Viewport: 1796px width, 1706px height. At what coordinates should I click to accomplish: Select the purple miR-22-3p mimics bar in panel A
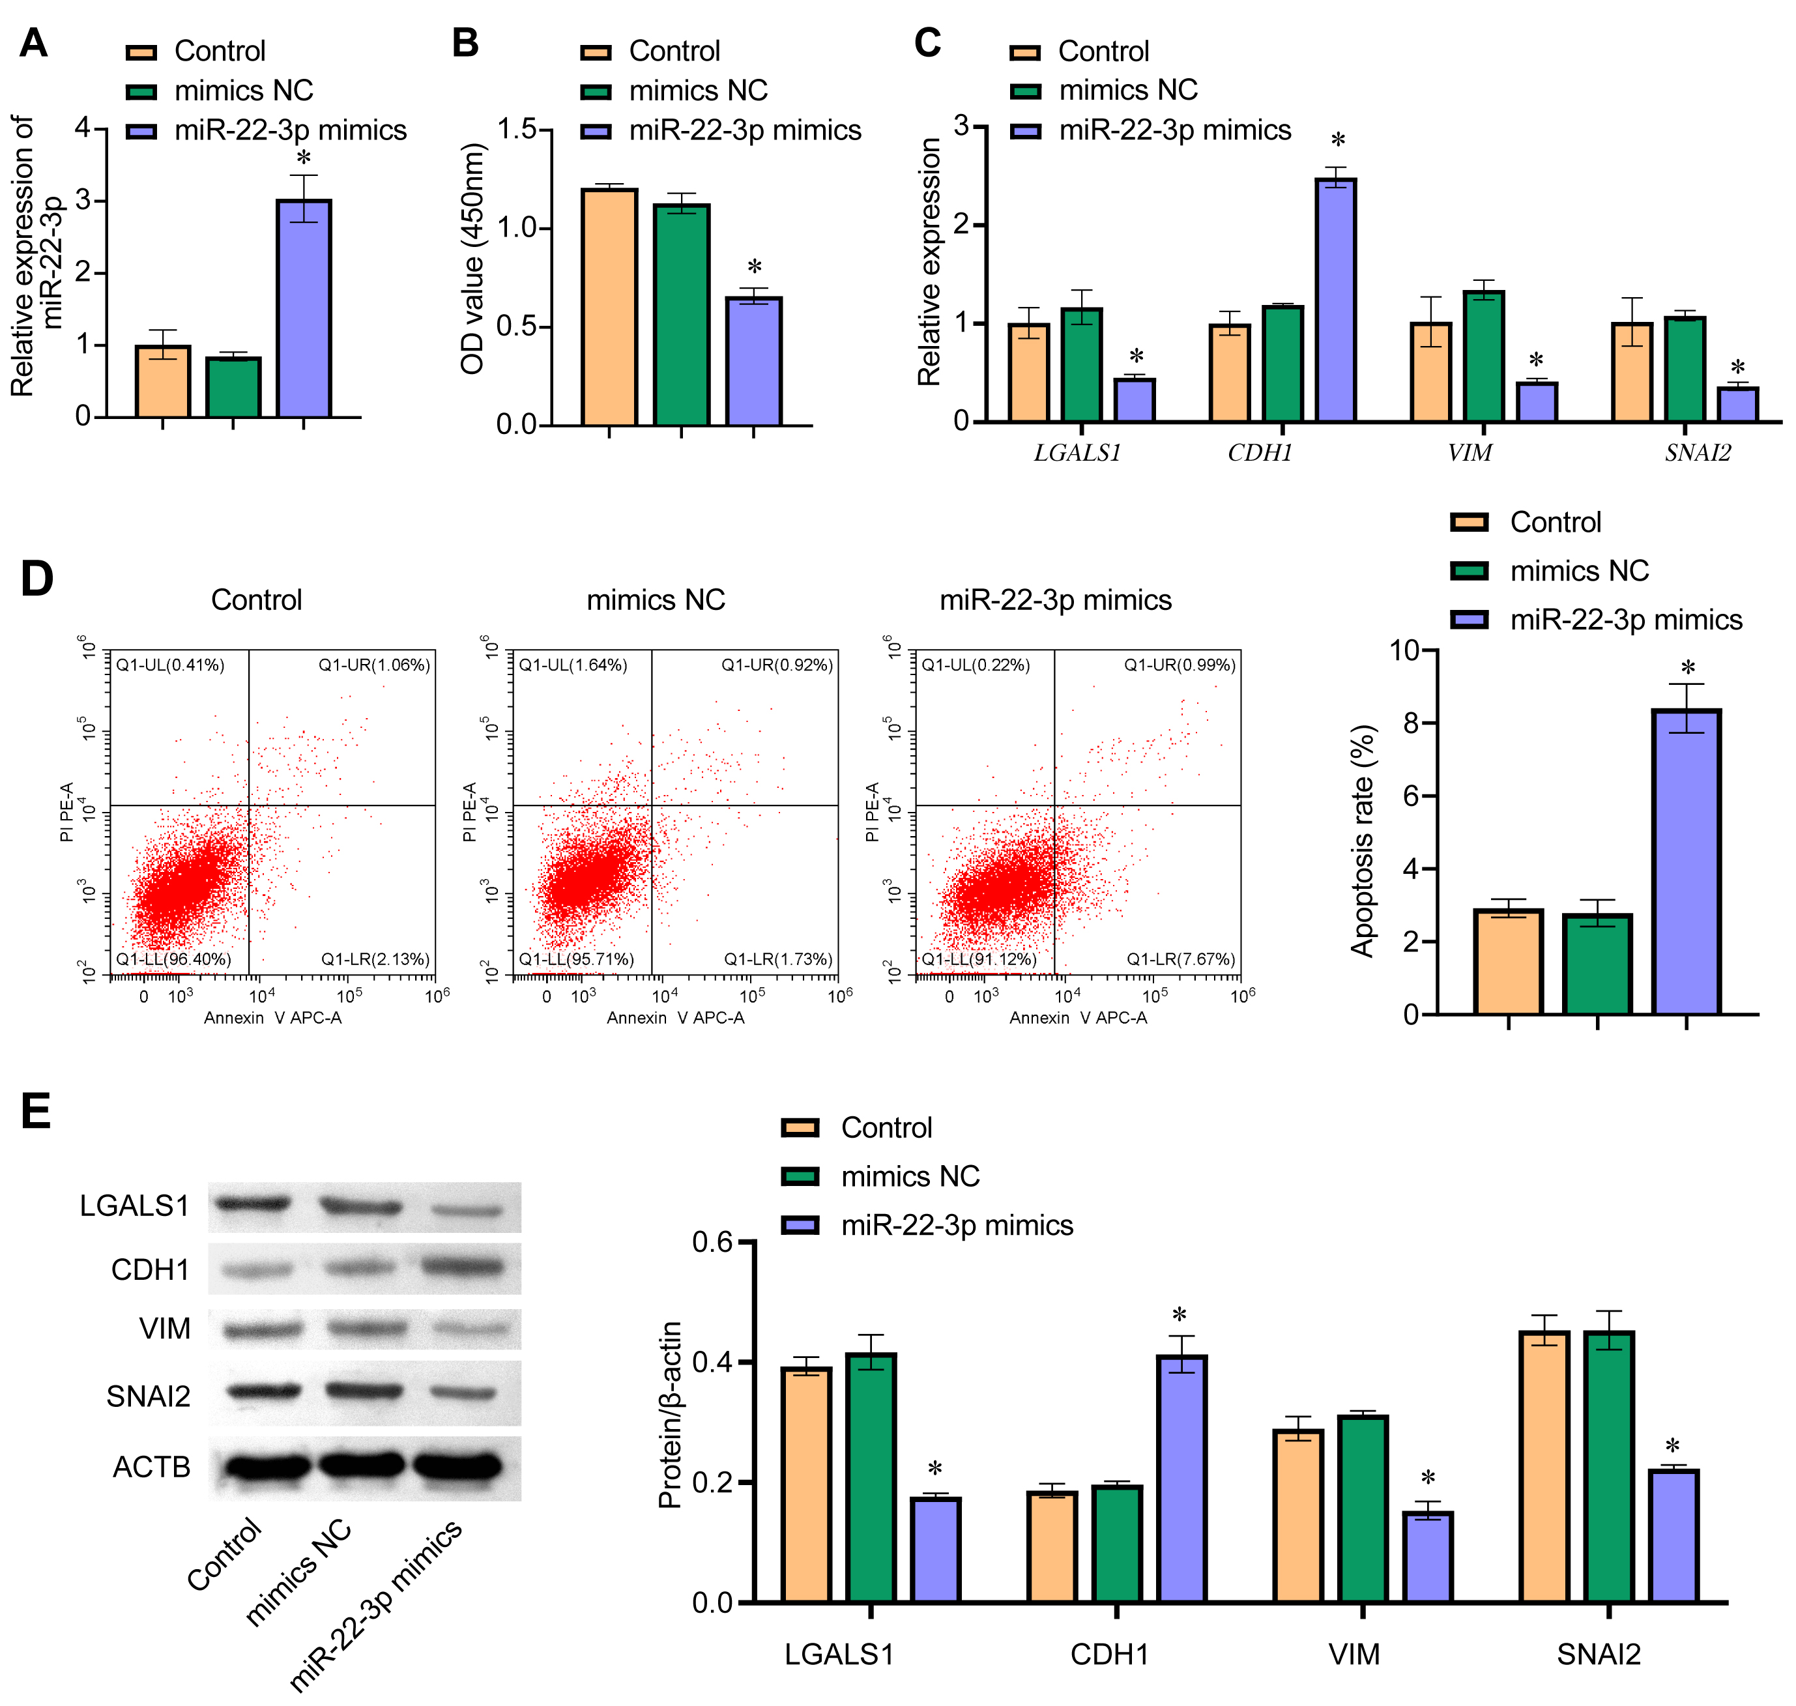304,308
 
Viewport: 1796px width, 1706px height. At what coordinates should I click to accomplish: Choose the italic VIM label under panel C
1469,453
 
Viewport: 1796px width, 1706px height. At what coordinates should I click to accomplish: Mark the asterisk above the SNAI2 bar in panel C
1738,368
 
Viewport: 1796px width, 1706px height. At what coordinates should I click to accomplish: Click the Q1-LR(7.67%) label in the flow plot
1180,959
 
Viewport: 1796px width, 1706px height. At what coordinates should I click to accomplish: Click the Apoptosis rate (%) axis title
1362,841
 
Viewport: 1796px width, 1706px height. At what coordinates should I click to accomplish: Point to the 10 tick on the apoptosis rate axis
1404,650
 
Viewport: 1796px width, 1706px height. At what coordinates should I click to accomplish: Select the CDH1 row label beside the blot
150,1269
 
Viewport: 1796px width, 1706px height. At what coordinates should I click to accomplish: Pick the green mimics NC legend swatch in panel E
800,1176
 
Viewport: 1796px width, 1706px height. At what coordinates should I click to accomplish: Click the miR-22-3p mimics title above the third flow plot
1055,600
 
